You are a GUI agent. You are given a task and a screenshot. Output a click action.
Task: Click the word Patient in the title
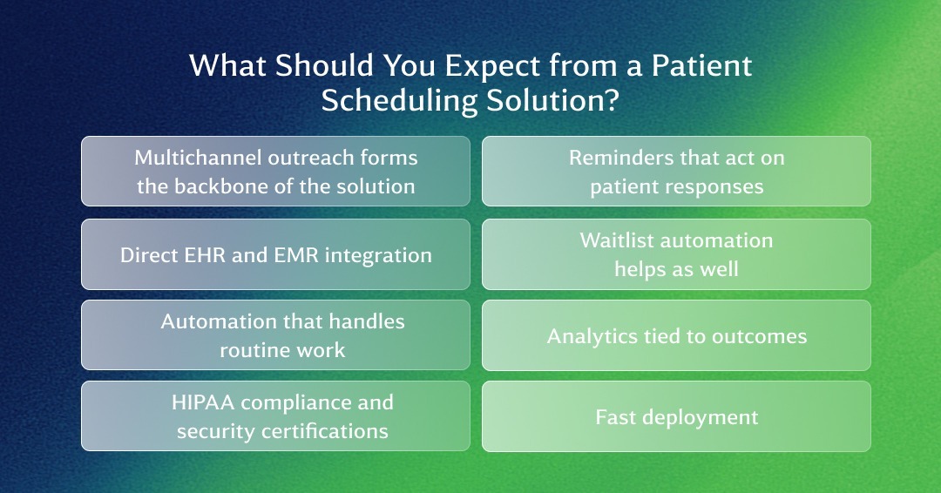pos(701,65)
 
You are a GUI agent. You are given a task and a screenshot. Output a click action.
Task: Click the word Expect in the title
pos(492,66)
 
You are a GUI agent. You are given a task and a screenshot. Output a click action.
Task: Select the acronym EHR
pos(206,255)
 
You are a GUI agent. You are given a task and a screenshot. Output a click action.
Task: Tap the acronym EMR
pos(296,255)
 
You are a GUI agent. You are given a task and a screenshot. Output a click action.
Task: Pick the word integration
pos(378,256)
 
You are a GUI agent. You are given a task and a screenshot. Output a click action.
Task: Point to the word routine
pos(250,350)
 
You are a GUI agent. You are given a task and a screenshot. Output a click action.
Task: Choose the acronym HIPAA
pos(203,402)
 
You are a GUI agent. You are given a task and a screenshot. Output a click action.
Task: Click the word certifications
pos(324,431)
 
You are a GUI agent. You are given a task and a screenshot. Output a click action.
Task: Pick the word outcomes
pos(759,337)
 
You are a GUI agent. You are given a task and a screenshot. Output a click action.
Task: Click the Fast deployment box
pos(676,416)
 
